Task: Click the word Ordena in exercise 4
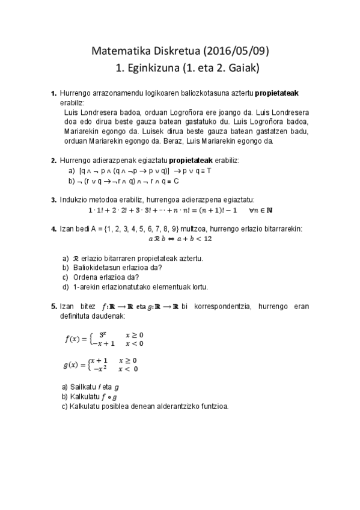pyautogui.click(x=84, y=277)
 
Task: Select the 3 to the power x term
pyautogui.click(x=103, y=334)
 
